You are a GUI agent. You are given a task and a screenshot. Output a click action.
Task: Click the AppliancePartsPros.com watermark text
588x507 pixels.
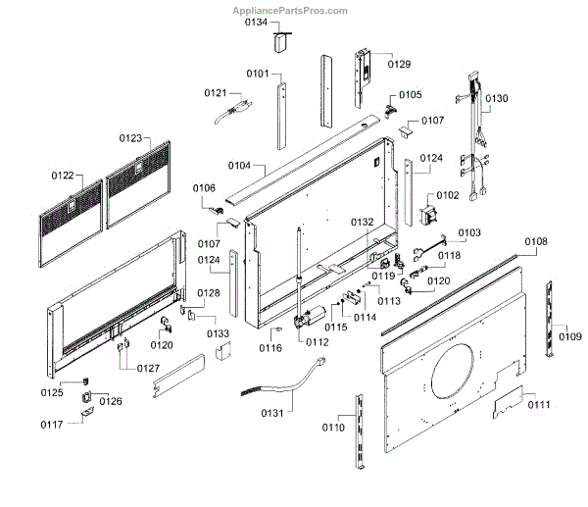[x=289, y=11]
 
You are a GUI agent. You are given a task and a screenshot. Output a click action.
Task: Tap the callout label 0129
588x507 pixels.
[x=399, y=65]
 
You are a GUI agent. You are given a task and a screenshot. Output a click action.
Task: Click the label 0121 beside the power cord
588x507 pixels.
[x=216, y=93]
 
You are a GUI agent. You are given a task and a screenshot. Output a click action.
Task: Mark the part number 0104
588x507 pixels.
[x=239, y=166]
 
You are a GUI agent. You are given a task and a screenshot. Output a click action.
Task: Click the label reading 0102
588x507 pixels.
[x=447, y=195]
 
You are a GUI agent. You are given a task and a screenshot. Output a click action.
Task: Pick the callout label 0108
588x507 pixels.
[x=536, y=241]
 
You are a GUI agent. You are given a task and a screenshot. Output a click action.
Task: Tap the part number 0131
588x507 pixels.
[x=278, y=413]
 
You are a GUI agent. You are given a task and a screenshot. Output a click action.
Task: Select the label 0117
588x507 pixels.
[x=52, y=424]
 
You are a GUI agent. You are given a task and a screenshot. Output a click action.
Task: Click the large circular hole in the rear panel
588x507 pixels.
[x=458, y=365]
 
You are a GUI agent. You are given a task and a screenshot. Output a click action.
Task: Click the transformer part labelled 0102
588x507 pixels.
[x=430, y=218]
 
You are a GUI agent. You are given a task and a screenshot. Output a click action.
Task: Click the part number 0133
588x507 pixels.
[x=218, y=334]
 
